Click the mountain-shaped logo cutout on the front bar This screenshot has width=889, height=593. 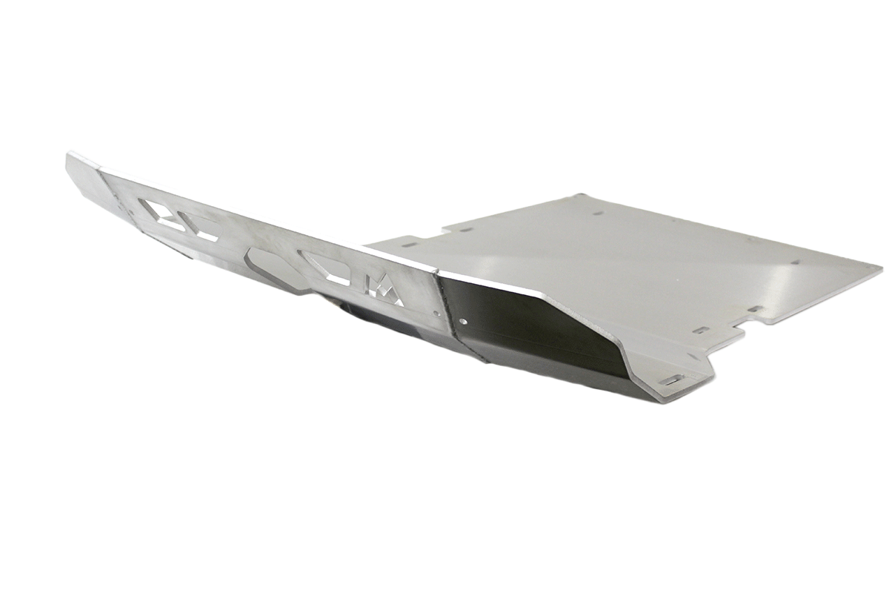tap(383, 290)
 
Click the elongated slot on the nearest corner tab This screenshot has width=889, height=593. tap(672, 380)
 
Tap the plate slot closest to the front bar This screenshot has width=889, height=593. tap(408, 242)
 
